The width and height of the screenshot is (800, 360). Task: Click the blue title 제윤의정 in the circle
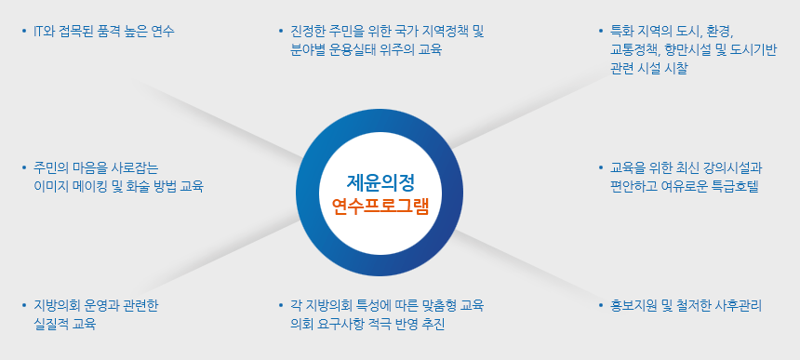click(380, 181)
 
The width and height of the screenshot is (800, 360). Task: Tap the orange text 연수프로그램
click(380, 206)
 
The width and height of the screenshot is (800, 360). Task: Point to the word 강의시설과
click(736, 167)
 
